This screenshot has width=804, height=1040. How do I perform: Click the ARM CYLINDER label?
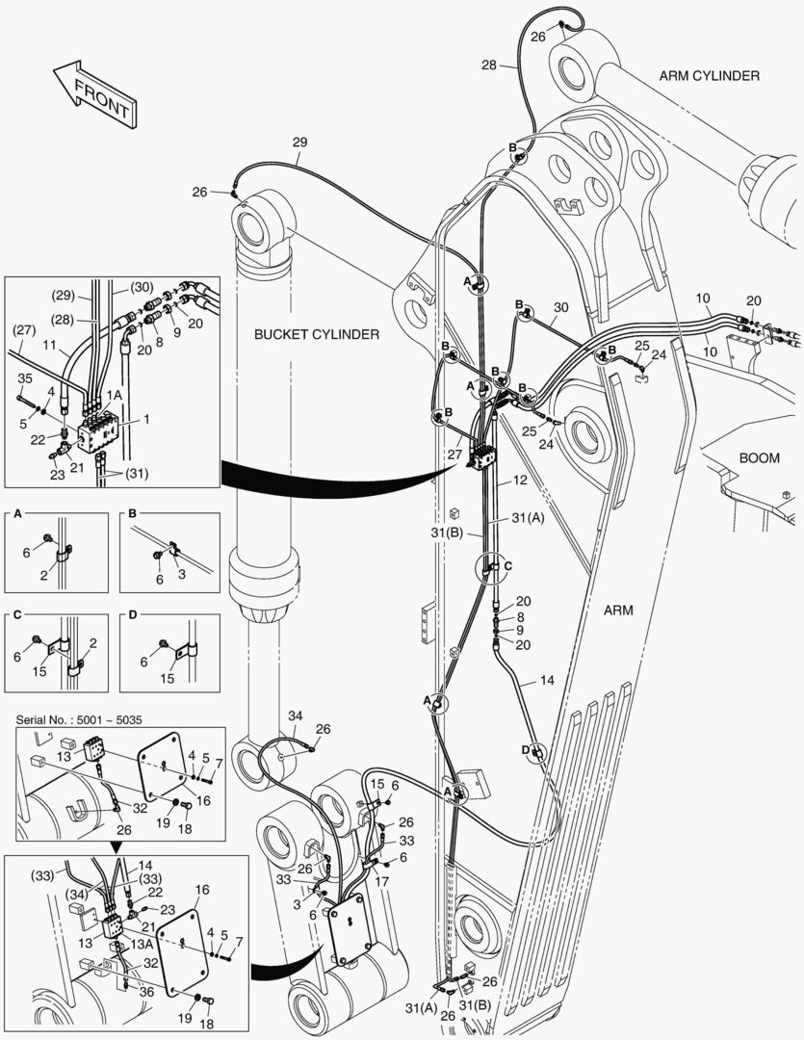[x=709, y=75]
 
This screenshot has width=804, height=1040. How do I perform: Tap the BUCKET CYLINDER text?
[x=317, y=334]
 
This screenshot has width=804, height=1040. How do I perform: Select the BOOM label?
[x=759, y=458]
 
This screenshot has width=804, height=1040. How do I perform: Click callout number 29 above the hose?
[x=299, y=143]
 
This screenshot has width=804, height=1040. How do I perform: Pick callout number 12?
[x=519, y=479]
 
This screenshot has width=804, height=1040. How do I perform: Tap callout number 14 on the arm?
[x=547, y=680]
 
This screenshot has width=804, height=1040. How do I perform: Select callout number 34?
[x=295, y=715]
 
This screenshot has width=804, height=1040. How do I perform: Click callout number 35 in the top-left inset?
[x=25, y=377]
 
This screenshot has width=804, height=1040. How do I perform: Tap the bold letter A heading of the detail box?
[x=16, y=516]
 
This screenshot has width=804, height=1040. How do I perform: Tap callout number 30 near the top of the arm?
[x=560, y=308]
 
